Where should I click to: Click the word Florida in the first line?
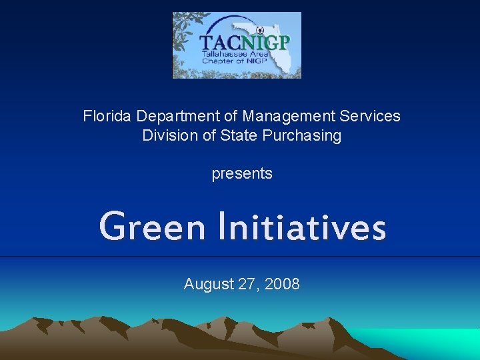[107, 116]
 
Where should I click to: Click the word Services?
[370, 116]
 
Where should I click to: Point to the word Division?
[164, 135]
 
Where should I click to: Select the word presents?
[242, 173]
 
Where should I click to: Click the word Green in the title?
[152, 227]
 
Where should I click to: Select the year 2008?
[282, 284]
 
